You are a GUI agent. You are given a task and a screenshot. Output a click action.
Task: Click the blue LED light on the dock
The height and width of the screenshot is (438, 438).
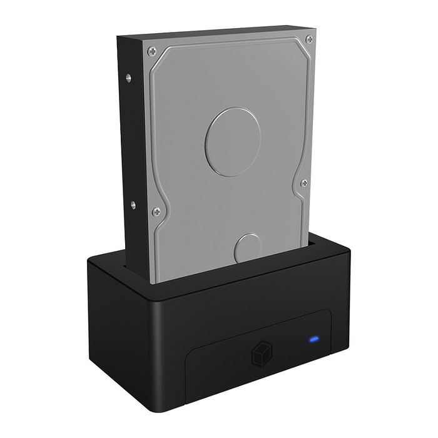313,341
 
